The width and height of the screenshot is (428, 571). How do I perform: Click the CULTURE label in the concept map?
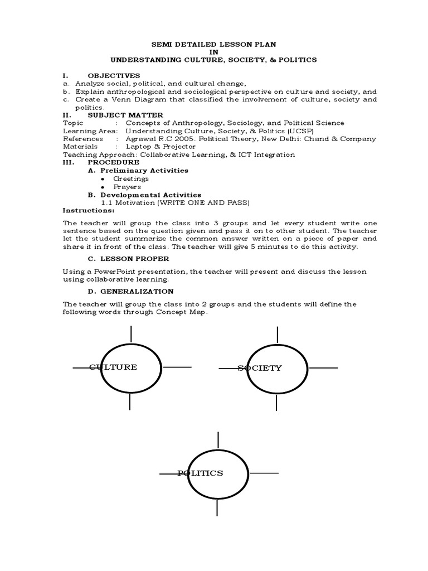tap(113, 367)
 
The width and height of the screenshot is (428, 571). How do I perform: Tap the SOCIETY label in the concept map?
tap(260, 368)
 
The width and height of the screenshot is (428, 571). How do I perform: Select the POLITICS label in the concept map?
tap(200, 473)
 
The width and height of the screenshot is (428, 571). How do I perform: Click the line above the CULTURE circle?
tap(131, 333)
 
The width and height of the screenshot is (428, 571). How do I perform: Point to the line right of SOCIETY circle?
tap(323, 368)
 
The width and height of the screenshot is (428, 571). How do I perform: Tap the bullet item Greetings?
tap(131, 178)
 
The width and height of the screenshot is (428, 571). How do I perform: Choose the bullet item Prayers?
tap(128, 187)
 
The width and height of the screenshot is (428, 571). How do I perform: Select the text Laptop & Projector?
tap(160, 147)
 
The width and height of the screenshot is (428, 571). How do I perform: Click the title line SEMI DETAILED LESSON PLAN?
tap(213, 43)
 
